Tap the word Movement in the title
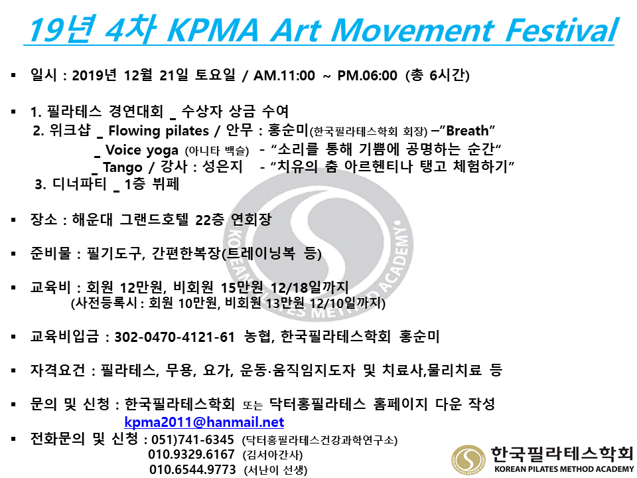[x=412, y=30]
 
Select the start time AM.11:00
[x=284, y=76]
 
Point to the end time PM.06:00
[x=367, y=76]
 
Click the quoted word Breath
[x=467, y=131]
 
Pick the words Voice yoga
[x=142, y=150]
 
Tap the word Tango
[x=122, y=167]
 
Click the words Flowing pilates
[x=159, y=131]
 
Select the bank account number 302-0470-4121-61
[x=175, y=337]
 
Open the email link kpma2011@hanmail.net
[x=204, y=422]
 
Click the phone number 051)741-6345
[x=192, y=439]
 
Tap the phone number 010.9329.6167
[x=191, y=454]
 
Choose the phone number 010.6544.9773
[x=192, y=469]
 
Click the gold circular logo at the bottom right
[x=468, y=460]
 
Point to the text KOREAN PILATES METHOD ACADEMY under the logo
[x=564, y=469]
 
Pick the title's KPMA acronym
[x=213, y=30]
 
